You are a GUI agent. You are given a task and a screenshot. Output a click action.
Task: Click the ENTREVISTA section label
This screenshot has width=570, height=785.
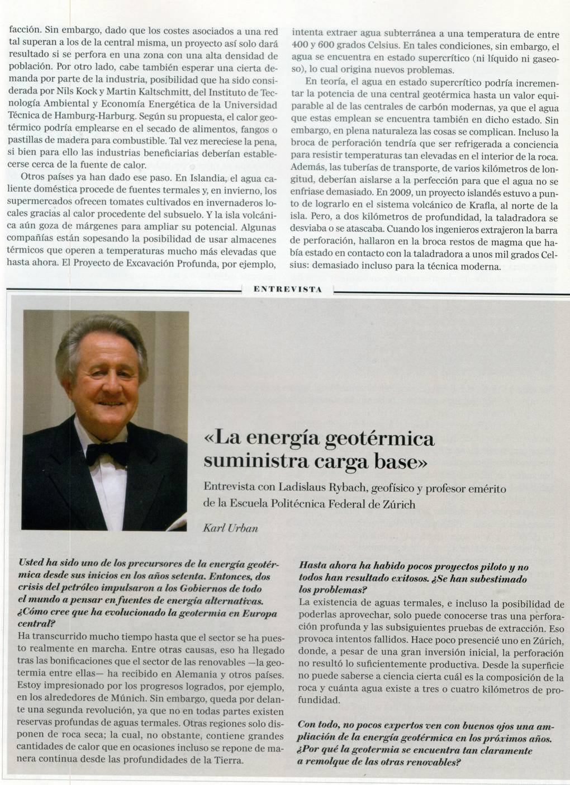[x=287, y=290]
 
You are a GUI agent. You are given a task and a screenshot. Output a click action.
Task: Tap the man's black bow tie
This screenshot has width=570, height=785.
[x=106, y=450]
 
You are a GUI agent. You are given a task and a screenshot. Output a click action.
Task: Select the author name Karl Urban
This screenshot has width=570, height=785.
[x=230, y=528]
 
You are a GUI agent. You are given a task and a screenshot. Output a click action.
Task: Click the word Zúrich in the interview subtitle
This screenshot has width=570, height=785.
[x=398, y=504]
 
